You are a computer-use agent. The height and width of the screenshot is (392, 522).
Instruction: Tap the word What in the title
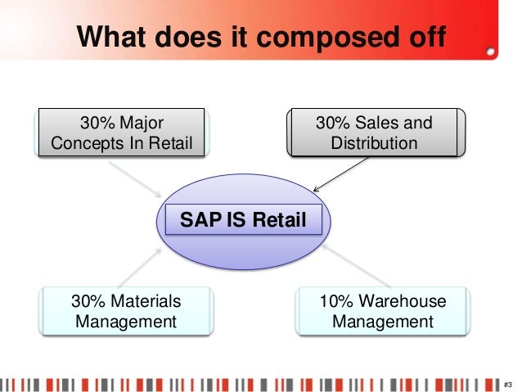[111, 36]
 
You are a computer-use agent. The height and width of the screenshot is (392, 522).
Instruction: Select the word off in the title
[427, 36]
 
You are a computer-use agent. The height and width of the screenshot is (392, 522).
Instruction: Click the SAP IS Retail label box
[244, 219]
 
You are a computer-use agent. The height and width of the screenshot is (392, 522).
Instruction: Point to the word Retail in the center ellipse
[279, 219]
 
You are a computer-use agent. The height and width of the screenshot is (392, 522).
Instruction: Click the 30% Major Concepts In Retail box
[122, 133]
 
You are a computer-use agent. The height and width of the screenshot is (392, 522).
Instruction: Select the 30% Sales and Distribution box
[376, 133]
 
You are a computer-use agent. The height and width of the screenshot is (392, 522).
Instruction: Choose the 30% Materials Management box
[126, 311]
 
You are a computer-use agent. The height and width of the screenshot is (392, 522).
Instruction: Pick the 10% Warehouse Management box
[383, 311]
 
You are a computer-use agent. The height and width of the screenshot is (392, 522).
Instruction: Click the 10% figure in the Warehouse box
[336, 301]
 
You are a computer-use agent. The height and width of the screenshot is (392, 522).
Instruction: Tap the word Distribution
[374, 143]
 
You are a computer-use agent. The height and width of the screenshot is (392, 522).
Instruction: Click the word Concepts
[88, 144]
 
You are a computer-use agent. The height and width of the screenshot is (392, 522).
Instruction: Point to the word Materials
[146, 301]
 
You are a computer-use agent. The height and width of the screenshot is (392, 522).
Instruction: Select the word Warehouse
[403, 301]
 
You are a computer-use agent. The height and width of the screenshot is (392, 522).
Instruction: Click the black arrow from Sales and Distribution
[341, 174]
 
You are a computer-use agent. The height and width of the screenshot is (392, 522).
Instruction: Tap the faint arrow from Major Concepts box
[135, 179]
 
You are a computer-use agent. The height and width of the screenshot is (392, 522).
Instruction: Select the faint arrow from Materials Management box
[140, 268]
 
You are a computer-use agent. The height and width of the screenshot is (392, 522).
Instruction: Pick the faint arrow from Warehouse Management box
[356, 265]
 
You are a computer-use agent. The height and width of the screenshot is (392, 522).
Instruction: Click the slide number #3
[508, 385]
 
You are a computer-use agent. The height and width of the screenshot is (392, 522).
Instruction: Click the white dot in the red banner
[490, 52]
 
